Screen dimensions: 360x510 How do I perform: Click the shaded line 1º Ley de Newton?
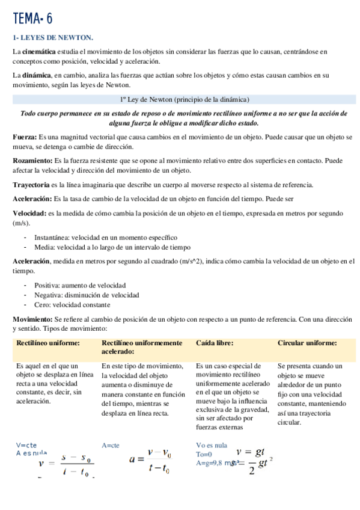pyautogui.click(x=185, y=99)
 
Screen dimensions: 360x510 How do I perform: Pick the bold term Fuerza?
pyautogui.click(x=25, y=137)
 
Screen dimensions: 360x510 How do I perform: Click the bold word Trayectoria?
pyautogui.click(x=32, y=185)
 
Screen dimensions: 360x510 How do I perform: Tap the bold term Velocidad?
pyautogui.click(x=29, y=214)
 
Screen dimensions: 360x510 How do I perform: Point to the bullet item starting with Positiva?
pyautogui.click(x=80, y=285)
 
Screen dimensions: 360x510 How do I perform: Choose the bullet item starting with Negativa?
pyautogui.click(x=87, y=295)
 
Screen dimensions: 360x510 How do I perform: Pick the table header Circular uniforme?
pyautogui.click(x=307, y=343)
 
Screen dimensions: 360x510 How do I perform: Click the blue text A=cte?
pyautogui.click(x=111, y=446)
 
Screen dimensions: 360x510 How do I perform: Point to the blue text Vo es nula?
pyautogui.click(x=212, y=446)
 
